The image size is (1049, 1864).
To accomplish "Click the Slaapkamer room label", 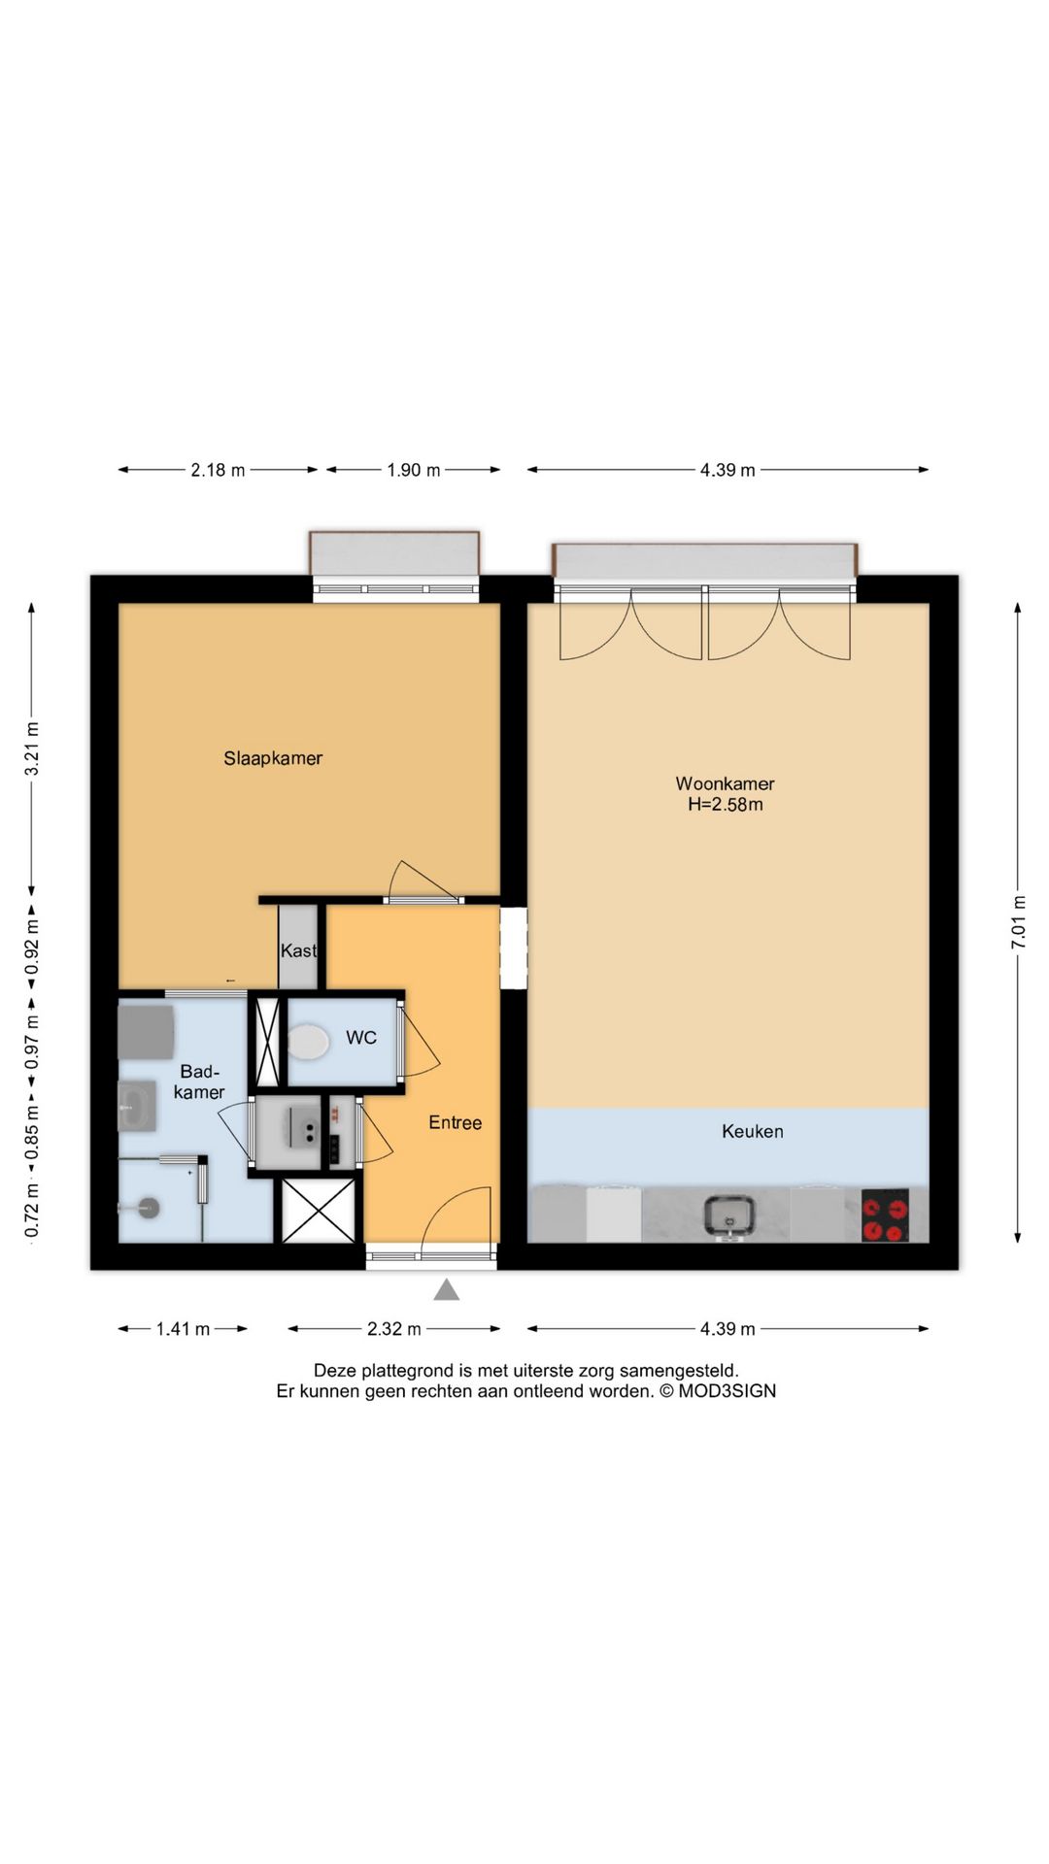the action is point(273,758).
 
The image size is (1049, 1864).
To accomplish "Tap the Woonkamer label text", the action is point(725,783).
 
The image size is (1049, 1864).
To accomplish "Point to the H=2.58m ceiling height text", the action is point(726,804).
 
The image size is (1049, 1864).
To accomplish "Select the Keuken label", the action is point(753,1131).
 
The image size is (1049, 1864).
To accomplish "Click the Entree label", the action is point(456,1122).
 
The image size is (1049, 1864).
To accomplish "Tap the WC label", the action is point(361,1038).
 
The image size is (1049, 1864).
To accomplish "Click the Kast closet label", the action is point(298,950).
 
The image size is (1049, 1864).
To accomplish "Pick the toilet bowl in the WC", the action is point(308,1043).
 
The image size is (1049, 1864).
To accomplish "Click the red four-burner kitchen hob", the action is point(885,1215).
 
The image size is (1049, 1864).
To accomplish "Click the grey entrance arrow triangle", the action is point(446,1289).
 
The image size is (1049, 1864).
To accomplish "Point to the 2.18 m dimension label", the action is point(218,470).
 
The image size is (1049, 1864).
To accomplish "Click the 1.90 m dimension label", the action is point(414,470).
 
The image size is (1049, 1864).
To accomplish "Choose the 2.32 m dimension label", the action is point(394,1329).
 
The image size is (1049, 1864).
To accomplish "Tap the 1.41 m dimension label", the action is point(184,1329).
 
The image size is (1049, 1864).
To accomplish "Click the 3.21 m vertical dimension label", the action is point(32,749).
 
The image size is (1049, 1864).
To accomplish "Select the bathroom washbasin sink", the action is point(137,1107).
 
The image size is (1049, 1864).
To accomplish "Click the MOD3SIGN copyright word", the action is point(728,1390).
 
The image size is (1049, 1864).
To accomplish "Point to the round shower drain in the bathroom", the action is point(149,1208).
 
